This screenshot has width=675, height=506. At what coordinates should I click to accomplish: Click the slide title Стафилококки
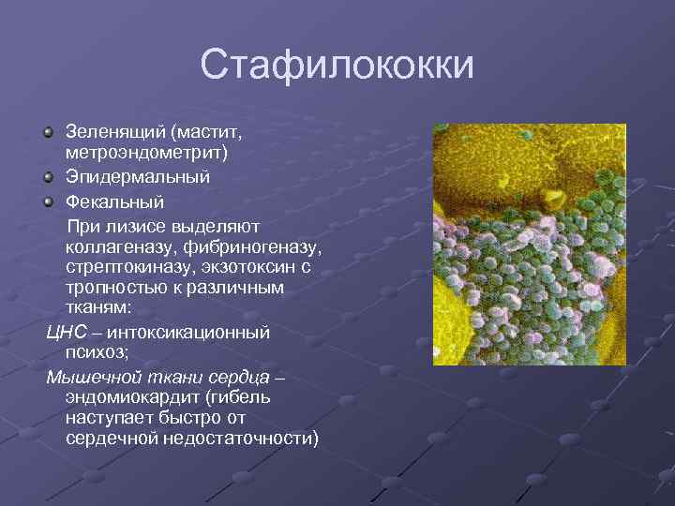[337, 67]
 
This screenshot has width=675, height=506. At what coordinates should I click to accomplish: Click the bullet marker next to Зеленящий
[51, 132]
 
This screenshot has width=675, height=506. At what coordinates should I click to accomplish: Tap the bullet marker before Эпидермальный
[51, 176]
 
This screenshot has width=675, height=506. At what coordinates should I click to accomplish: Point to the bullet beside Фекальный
[51, 201]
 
